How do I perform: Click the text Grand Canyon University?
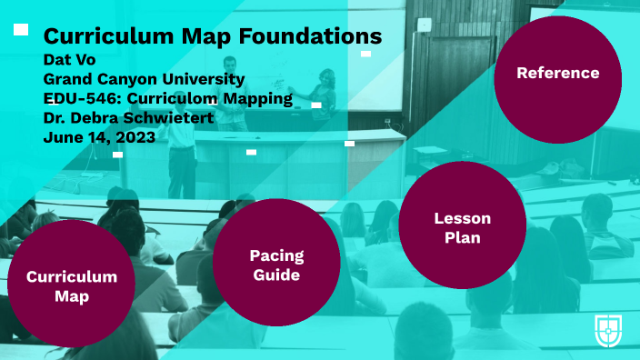click(131, 79)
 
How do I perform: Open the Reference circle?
click(557, 74)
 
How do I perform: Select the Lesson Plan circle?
click(462, 228)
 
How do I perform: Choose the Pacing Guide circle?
click(276, 264)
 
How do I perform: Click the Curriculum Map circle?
click(71, 285)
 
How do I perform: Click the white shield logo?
click(606, 329)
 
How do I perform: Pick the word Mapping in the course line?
click(258, 98)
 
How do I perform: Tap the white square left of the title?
click(21, 30)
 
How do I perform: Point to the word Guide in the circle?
click(276, 274)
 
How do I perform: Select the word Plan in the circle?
click(462, 238)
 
